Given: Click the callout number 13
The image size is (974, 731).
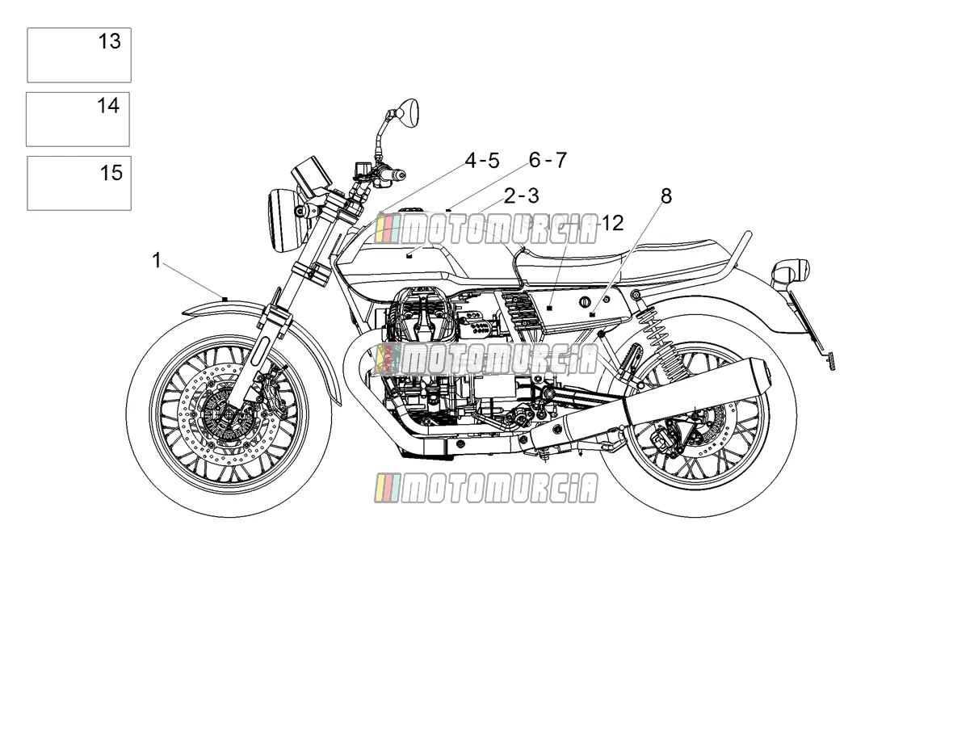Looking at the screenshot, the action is point(109,41).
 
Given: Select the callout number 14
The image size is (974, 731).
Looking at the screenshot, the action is point(108,106).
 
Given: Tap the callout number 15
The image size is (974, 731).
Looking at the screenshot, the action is point(111,173).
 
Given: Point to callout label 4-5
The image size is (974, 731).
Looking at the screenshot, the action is point(482,160).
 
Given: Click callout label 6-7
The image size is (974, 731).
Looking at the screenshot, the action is point(548,160).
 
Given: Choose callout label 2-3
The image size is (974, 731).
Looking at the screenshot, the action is point(522,195).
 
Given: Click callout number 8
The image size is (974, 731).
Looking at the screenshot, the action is point(666,195).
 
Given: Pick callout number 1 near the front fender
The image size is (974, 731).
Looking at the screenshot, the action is point(156,260).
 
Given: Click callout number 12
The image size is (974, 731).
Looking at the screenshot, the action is point(612,223).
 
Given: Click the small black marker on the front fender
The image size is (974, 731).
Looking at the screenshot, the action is point(225,299).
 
